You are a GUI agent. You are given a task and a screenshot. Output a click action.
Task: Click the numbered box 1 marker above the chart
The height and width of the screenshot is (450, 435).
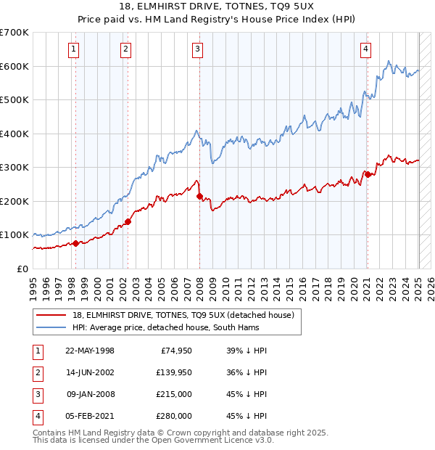click(75, 49)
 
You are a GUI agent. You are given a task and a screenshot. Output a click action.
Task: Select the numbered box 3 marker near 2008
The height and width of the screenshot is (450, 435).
click(197, 49)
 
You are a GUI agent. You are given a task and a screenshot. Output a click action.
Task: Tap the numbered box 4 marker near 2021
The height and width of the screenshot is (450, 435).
click(366, 49)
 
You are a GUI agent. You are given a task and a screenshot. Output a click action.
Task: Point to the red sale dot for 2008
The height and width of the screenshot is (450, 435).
click(200, 197)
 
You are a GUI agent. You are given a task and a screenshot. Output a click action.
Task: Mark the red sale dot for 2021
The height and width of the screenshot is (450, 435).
click(368, 174)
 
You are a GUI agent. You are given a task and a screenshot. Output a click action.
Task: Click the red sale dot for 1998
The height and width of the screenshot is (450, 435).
click(75, 243)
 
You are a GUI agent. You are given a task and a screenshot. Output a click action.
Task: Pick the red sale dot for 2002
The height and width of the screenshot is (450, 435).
click(128, 221)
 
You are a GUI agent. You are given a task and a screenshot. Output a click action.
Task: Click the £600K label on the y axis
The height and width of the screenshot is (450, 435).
click(14, 66)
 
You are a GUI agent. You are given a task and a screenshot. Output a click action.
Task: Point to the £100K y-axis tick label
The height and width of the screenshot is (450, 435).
click(14, 235)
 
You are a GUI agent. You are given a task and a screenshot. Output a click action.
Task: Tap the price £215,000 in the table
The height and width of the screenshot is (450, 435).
click(175, 395)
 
